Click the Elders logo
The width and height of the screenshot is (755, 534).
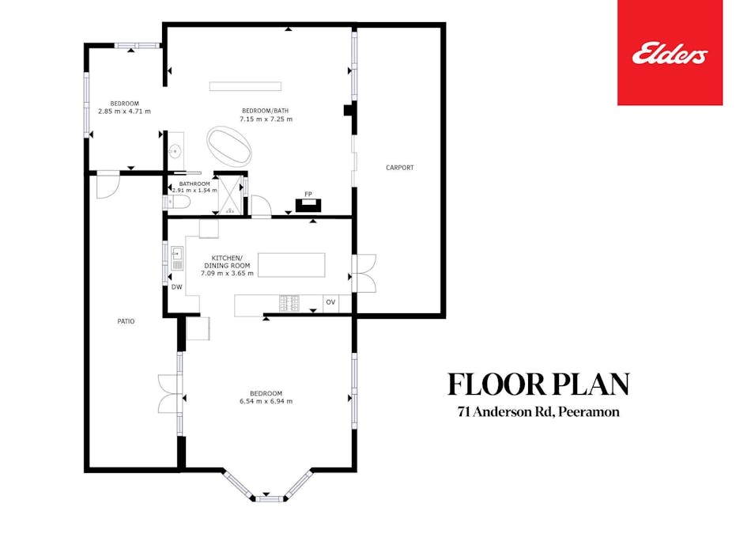[670, 54]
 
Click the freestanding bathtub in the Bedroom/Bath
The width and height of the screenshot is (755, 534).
[232, 146]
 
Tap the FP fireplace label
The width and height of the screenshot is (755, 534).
[308, 193]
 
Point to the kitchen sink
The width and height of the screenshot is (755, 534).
[178, 256]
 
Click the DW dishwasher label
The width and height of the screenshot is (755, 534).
[176, 287]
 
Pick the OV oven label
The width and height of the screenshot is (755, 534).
[330, 302]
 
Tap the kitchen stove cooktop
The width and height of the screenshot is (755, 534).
[289, 302]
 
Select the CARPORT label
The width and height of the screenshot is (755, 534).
[399, 168]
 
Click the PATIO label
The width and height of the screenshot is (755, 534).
[126, 322]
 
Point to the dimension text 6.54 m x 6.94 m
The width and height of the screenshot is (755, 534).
[266, 402]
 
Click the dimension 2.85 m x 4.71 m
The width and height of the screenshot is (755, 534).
[124, 112]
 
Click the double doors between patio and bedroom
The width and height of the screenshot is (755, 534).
[168, 393]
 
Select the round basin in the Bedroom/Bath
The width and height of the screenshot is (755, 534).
[176, 151]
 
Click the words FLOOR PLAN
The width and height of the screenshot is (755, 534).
[538, 384]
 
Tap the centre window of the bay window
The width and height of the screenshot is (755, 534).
[269, 498]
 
